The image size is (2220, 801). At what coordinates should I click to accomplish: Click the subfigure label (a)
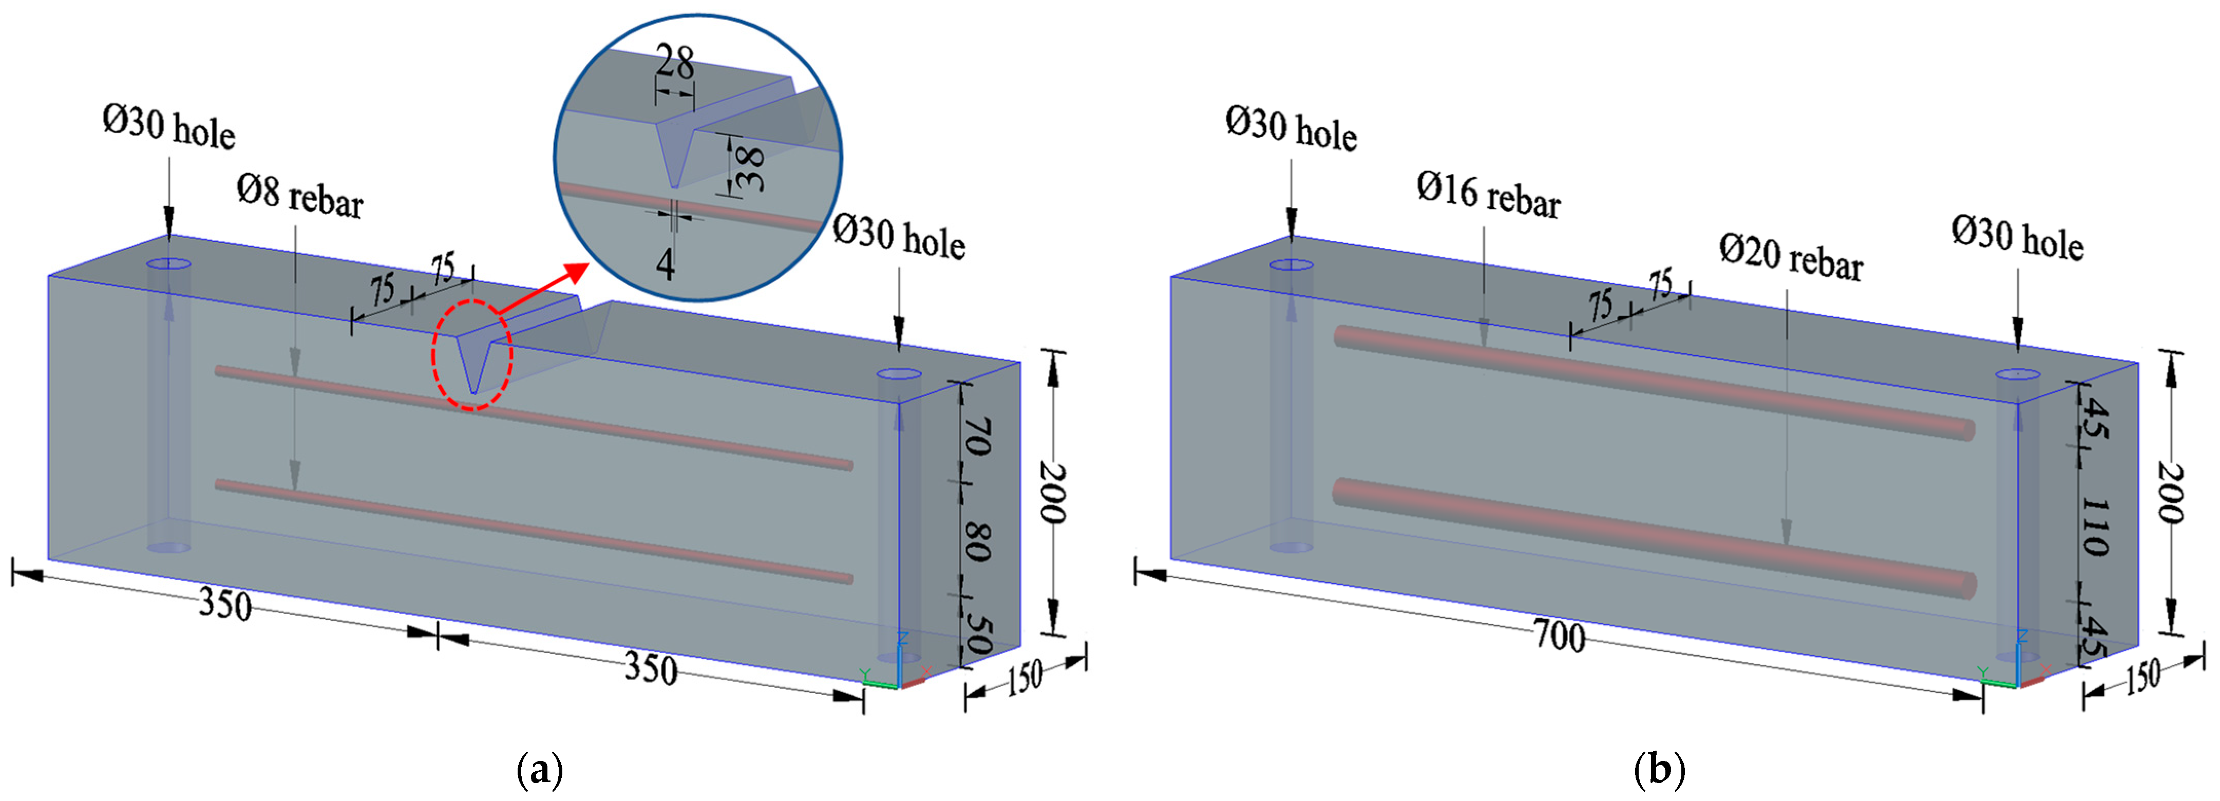pos(540,769)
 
